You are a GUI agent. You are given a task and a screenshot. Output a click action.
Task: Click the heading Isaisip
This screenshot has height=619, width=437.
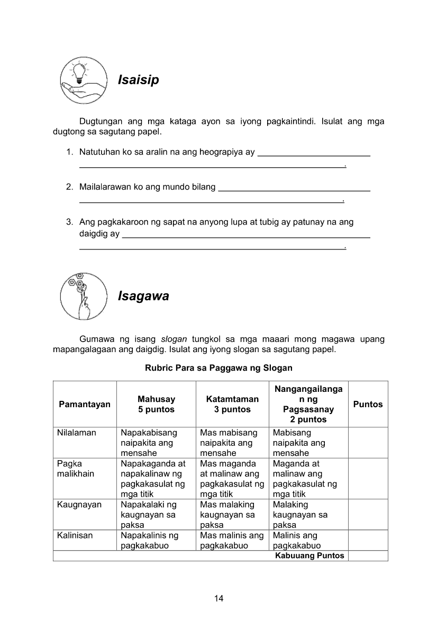(x=138, y=80)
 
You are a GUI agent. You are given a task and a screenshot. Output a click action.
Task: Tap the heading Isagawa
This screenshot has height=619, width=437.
(x=143, y=296)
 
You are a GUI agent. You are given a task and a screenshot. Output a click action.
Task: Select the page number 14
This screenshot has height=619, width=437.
(x=219, y=598)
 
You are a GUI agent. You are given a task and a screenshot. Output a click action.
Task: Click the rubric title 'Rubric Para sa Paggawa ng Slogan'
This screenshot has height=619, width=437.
(x=218, y=367)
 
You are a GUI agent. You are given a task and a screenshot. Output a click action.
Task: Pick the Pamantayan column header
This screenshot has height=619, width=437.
(x=85, y=404)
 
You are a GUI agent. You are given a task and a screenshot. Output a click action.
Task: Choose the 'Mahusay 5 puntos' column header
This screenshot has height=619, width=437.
(x=156, y=404)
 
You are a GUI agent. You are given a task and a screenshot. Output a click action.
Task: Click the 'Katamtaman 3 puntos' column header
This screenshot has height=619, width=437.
(x=232, y=404)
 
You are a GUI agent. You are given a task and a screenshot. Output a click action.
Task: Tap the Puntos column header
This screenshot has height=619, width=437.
(x=368, y=404)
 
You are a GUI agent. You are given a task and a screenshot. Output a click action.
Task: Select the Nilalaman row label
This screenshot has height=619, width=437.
(x=77, y=433)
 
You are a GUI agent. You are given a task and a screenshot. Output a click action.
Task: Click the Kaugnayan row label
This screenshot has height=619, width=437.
(x=79, y=505)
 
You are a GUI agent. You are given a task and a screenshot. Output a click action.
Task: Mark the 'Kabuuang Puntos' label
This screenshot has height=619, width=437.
(x=309, y=555)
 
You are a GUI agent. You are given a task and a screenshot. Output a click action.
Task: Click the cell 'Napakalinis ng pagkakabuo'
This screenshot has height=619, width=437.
(x=149, y=541)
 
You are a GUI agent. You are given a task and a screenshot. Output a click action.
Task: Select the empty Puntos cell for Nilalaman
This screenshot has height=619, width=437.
(x=368, y=443)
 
